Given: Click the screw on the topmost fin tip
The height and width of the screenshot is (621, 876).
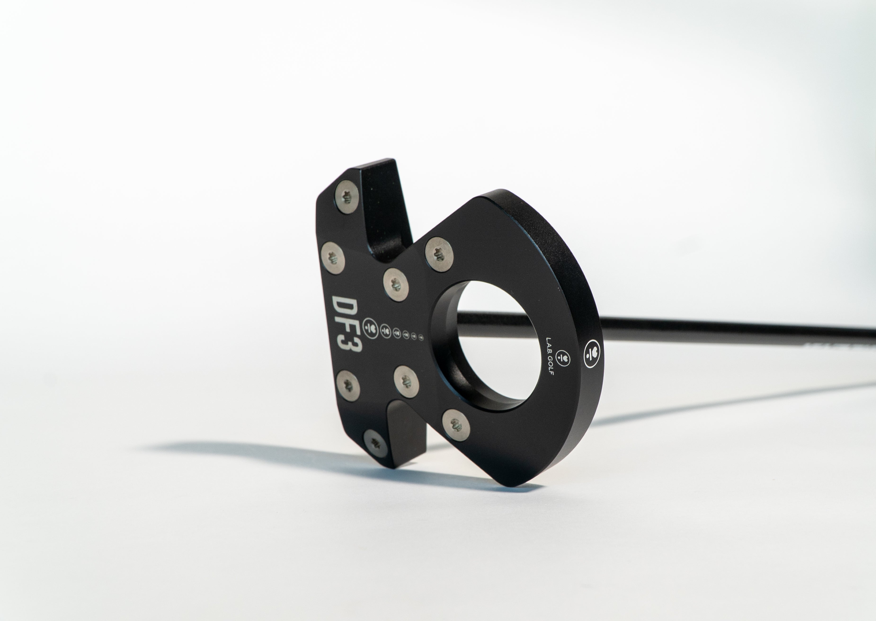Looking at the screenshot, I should [x=347, y=198].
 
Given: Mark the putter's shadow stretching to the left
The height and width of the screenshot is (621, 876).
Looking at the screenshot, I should [x=268, y=459].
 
